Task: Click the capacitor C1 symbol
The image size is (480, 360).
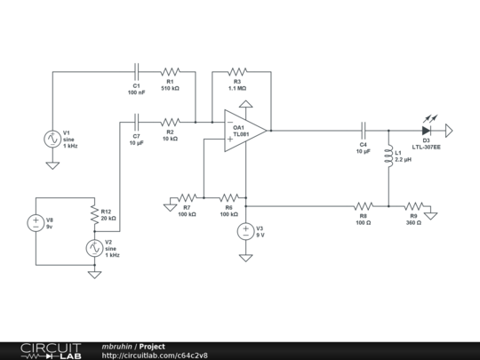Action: pyautogui.click(x=137, y=72)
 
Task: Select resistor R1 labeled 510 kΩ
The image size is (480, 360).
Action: pyautogui.click(x=169, y=72)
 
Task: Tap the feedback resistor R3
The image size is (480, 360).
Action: pyautogui.click(x=236, y=72)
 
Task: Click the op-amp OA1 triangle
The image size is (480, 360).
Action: pyautogui.click(x=243, y=130)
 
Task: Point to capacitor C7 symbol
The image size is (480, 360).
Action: pyautogui.click(x=137, y=122)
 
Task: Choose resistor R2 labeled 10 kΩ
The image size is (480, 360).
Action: pyautogui.click(x=169, y=122)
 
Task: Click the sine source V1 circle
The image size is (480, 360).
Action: pyautogui.click(x=52, y=139)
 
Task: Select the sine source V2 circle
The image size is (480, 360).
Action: pyautogui.click(x=93, y=248)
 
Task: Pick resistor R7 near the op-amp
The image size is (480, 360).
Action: pyautogui.click(x=187, y=197)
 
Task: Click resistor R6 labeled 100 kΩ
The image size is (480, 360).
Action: pyautogui.click(x=228, y=197)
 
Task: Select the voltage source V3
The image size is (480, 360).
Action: pyautogui.click(x=245, y=232)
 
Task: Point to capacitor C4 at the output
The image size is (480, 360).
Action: pyautogui.click(x=363, y=131)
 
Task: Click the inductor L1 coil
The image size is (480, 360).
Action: pyautogui.click(x=388, y=156)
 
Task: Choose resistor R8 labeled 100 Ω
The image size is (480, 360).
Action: pyautogui.click(x=363, y=205)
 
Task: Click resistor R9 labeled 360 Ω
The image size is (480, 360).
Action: pyautogui.click(x=413, y=205)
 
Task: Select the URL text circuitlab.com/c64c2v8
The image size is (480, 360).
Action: pyautogui.click(x=155, y=356)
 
